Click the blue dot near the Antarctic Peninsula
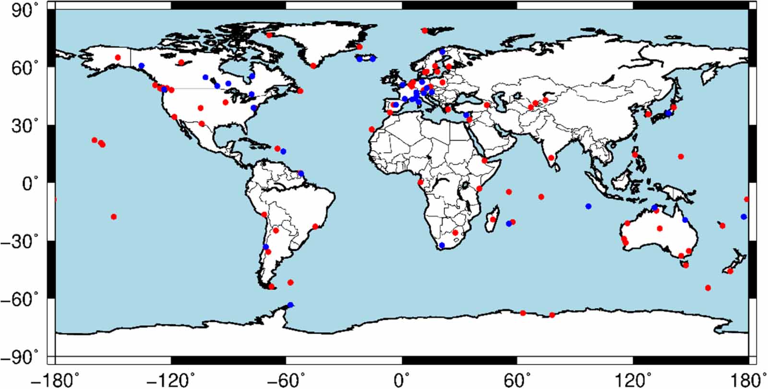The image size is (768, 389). [x=290, y=305]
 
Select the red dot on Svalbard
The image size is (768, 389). [x=424, y=31]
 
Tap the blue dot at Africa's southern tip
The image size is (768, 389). [x=442, y=245]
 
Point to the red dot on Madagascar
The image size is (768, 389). [x=492, y=219]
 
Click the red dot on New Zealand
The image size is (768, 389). [x=730, y=271]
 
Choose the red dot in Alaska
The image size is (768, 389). [x=118, y=58]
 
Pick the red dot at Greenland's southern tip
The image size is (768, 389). [x=313, y=66]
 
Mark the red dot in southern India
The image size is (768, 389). [x=551, y=158]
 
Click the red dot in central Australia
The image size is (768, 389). [x=660, y=229]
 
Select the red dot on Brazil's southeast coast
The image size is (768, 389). [x=315, y=227]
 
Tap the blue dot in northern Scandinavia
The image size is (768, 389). [x=442, y=52]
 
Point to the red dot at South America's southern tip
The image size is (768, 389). [x=271, y=287]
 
